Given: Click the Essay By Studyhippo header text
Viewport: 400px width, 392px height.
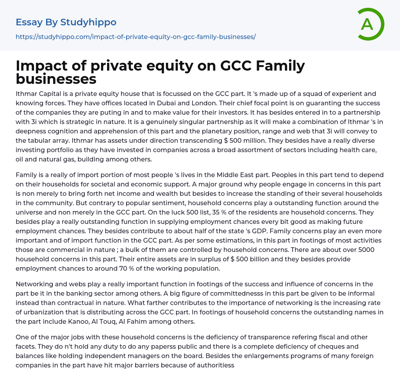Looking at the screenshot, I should [66, 22].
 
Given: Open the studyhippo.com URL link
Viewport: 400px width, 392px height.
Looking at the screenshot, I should [136, 37].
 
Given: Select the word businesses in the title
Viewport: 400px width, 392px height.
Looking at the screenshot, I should [56, 79].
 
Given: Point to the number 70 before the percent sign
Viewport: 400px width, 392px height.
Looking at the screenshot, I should [124, 268].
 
